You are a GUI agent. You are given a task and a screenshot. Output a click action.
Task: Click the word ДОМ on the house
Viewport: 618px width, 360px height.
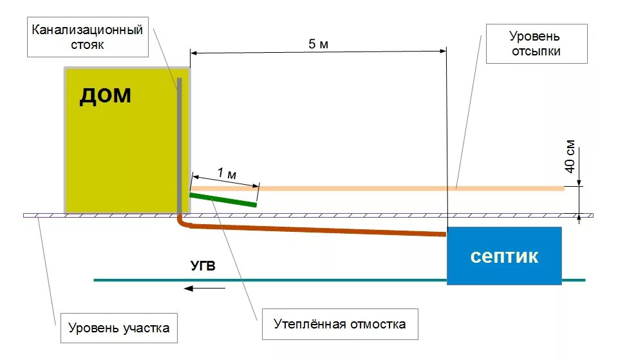click(x=105, y=96)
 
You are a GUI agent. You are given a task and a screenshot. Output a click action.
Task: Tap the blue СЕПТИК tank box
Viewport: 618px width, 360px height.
click(x=504, y=256)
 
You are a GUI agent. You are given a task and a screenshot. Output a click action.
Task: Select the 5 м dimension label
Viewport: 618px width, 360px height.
click(x=318, y=44)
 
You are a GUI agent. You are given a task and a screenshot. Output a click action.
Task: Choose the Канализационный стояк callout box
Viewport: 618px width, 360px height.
click(x=87, y=37)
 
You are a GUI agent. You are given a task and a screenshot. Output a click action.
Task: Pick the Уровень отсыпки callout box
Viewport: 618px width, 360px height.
click(x=536, y=43)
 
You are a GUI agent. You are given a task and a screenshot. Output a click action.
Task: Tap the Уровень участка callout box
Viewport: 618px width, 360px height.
click(x=118, y=328)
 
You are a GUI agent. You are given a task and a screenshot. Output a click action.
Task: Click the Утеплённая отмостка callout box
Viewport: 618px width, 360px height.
click(x=339, y=323)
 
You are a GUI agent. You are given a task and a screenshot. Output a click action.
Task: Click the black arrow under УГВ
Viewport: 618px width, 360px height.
click(x=204, y=289)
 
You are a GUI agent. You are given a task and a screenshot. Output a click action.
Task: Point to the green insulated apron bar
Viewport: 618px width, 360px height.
click(x=223, y=200)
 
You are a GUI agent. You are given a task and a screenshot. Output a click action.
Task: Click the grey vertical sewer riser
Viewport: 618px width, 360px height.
click(x=180, y=142)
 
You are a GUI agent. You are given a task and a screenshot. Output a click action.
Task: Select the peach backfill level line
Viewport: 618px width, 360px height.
click(x=386, y=188)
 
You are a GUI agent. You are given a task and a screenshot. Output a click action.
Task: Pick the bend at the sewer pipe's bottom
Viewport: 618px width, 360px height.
click(x=181, y=222)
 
